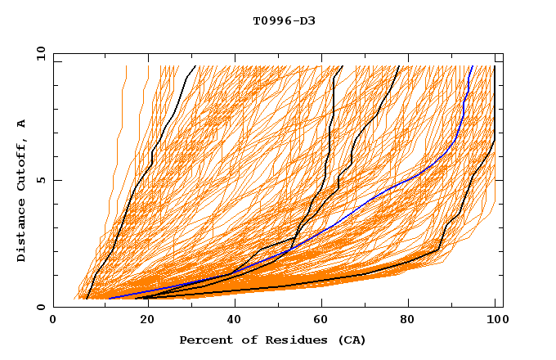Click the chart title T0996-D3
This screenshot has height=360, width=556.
pyautogui.click(x=284, y=21)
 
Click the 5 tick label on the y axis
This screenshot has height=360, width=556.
pyautogui.click(x=40, y=181)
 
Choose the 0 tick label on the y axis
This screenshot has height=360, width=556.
pyautogui.click(x=40, y=307)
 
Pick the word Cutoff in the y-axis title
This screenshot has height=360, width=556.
pyautogui.click(x=21, y=164)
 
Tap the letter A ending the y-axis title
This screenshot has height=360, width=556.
pyautogui.click(x=21, y=124)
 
